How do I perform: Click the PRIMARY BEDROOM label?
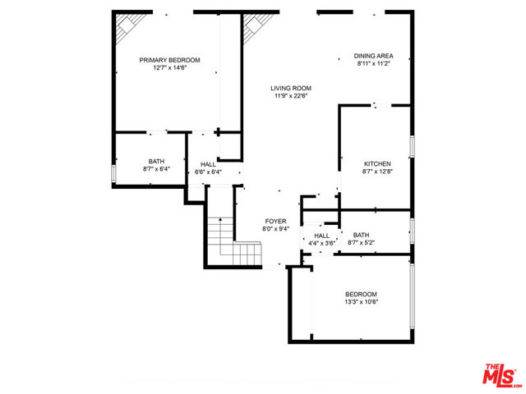(x=169, y=60)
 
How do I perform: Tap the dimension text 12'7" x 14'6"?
(x=169, y=68)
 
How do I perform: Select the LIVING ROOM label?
(x=291, y=89)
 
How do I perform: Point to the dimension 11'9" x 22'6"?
(x=291, y=96)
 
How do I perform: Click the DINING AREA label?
(x=373, y=56)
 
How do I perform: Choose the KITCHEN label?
(x=377, y=164)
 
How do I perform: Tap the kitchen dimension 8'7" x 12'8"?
(x=377, y=172)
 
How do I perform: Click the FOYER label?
(x=276, y=221)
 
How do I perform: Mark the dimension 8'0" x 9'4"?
(x=276, y=229)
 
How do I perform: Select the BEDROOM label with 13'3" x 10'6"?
(x=361, y=294)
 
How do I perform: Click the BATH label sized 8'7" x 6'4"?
(x=156, y=162)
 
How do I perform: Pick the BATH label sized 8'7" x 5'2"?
(x=361, y=235)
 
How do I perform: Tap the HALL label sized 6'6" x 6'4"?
(x=208, y=164)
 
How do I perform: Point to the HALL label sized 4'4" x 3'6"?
(x=321, y=236)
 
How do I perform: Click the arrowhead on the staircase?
(x=220, y=219)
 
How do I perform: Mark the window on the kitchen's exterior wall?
(x=412, y=146)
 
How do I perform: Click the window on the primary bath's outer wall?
(x=113, y=173)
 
